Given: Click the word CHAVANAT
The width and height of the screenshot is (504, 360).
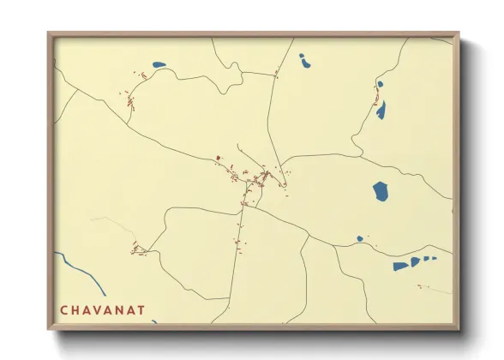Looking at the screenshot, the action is tap(102, 309).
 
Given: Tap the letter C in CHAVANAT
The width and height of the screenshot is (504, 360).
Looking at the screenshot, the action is tap(63, 309).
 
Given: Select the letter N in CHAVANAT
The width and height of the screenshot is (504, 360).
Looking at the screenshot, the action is tap(119, 309).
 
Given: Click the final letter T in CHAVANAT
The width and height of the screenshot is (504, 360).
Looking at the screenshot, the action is tap(141, 309).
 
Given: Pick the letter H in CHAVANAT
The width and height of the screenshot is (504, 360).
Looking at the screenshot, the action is tap(75, 309).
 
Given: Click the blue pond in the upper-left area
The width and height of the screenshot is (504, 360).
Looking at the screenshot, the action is tap(158, 64).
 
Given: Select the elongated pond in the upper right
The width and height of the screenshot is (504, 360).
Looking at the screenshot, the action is tap(381, 110).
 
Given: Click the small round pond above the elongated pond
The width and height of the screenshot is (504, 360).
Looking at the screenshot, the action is tap(379, 85).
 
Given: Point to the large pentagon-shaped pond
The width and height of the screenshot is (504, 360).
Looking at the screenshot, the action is tap(381, 190).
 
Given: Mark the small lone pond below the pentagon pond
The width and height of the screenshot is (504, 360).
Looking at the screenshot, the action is tap(360, 239).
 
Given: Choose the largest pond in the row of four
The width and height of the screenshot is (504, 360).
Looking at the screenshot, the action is tap(400, 266).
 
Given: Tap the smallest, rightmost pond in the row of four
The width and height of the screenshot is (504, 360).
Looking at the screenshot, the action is tap(434, 258).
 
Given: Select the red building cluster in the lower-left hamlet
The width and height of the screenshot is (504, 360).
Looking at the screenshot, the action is tap(137, 249).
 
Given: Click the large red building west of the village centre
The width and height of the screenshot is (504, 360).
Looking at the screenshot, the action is tap(218, 158).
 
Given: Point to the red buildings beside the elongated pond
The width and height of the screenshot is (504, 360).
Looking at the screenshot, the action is tap(375, 100).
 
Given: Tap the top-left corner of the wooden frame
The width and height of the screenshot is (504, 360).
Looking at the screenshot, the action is tap(49, 34).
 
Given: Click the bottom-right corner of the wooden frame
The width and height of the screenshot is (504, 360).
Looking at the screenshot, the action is tap(459, 328).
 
